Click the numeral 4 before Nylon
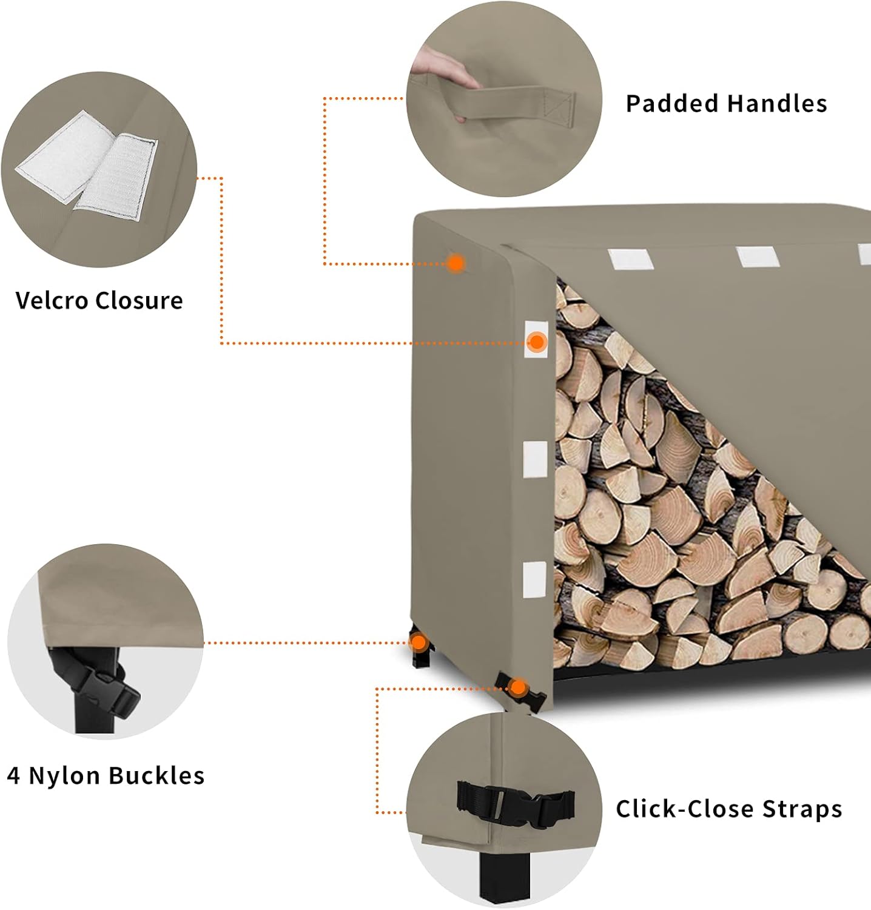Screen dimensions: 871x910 point(13,777)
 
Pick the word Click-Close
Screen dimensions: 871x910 point(685,809)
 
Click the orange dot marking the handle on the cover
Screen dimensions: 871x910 point(456,263)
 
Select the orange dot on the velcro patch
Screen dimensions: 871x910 point(536,342)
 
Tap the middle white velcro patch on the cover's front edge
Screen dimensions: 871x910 point(535,458)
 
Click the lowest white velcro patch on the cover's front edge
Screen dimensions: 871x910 point(534,579)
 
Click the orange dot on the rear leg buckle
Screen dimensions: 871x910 point(419,642)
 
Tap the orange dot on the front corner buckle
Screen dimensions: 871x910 point(517,687)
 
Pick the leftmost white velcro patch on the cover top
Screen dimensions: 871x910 point(630,259)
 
